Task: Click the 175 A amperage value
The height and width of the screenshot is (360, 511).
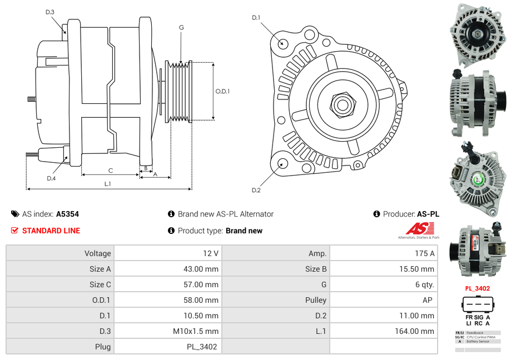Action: tap(425, 253)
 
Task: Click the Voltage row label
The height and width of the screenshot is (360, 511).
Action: tap(97, 253)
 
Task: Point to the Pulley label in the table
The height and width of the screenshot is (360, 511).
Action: tap(315, 300)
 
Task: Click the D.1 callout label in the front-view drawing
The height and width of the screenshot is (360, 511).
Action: tap(256, 18)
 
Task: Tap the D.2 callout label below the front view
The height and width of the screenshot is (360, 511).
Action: tap(256, 191)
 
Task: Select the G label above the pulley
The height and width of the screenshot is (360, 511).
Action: tap(181, 27)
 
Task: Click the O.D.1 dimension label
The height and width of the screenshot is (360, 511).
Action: tap(222, 92)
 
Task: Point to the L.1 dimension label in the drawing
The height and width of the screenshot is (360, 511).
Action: tap(107, 184)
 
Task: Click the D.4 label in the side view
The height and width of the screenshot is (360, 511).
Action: tap(51, 178)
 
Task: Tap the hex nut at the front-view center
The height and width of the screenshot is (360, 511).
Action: tap(342, 104)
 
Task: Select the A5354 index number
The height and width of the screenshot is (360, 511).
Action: tap(67, 214)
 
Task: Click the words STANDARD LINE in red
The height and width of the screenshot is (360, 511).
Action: tap(51, 231)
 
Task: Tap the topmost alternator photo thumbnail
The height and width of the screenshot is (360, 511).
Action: tap(478, 32)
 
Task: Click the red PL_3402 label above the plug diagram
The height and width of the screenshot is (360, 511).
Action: tap(477, 288)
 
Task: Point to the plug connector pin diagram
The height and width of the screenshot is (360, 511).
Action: tap(477, 306)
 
